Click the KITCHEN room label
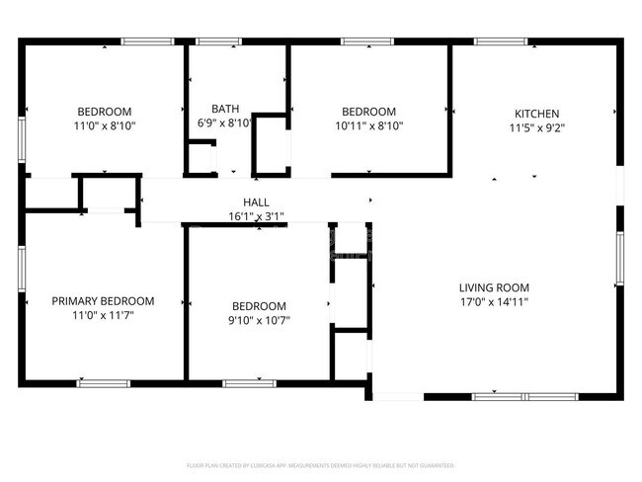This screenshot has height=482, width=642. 536,114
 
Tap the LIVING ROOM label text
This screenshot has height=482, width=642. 494,287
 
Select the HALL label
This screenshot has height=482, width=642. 256,201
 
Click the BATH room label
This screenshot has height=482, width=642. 225,109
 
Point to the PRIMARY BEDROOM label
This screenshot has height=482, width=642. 103,301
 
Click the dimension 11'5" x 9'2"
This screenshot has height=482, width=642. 536,127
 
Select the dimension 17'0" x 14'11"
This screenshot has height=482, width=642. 494,301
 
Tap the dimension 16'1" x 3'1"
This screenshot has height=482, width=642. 256,215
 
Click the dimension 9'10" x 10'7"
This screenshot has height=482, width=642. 259,320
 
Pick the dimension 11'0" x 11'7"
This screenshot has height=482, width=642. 103,315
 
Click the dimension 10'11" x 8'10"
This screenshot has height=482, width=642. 368,126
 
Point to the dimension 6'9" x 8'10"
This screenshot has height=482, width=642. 225,123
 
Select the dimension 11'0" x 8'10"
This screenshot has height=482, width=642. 105,126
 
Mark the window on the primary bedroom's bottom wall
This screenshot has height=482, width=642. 104,383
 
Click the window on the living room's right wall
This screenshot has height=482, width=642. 619,258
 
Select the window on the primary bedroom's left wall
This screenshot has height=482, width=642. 22,269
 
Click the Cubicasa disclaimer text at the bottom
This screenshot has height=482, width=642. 321,464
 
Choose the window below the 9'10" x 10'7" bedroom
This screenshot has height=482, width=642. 250,383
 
